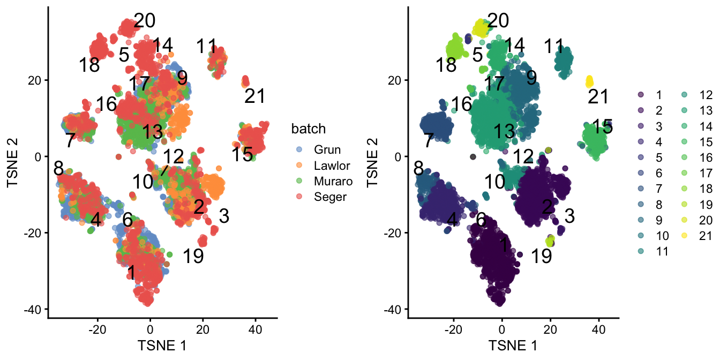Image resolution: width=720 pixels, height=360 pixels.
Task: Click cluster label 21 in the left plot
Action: point(255,96)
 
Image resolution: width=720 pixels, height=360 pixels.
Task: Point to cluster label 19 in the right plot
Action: point(542,257)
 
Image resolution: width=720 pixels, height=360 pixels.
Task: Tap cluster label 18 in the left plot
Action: point(89,65)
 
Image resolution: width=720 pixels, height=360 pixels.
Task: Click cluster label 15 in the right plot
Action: point(603,127)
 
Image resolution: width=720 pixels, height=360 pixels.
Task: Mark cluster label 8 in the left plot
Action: point(58,168)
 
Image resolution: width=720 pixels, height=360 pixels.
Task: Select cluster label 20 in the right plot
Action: point(498,21)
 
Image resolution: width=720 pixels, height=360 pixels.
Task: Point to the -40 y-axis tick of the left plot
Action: point(34,310)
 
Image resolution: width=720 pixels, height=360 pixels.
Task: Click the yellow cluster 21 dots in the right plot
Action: point(589,81)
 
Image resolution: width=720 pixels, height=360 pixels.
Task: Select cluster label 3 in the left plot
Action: point(224,216)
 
